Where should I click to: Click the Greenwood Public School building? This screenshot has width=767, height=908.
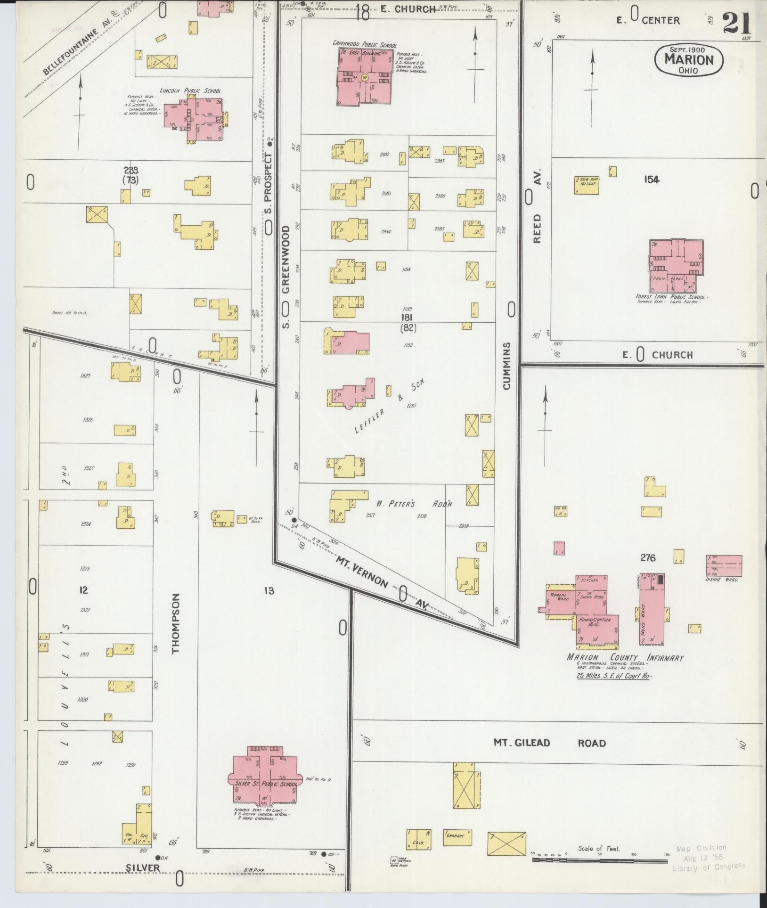coord(364,77)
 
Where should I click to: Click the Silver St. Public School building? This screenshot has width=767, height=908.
coord(264,782)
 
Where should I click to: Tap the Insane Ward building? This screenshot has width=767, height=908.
coord(724,565)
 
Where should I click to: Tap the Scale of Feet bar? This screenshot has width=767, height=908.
coord(600,860)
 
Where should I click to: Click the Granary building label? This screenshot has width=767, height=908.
coord(457,849)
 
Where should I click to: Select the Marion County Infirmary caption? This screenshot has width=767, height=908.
coord(625,658)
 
